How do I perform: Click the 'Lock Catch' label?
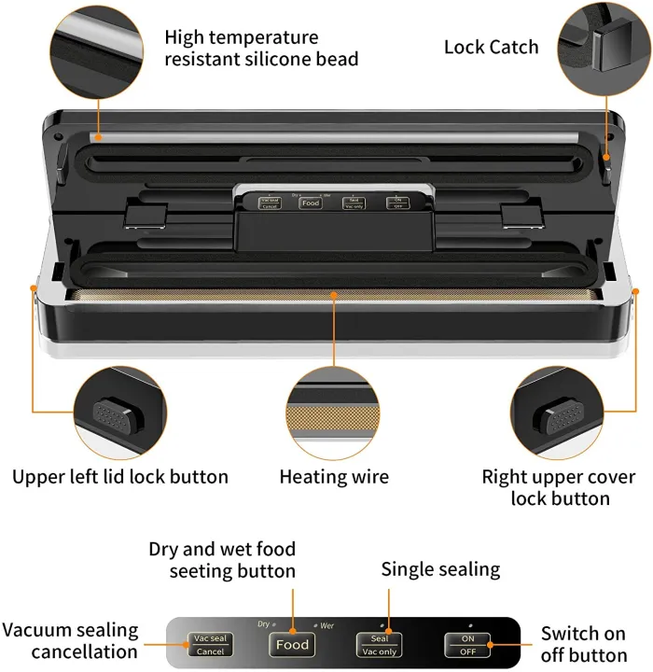[491, 47]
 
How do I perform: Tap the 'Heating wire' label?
[334, 477]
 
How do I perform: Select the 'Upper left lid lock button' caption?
[120, 477]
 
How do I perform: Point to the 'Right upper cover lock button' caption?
[559, 487]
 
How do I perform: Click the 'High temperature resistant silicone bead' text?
[261, 49]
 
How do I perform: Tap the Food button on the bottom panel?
[292, 644]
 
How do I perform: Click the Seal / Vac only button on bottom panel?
[378, 644]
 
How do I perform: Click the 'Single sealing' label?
[440, 569]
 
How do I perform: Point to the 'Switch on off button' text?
[583, 644]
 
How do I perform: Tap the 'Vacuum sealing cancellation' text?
[70, 641]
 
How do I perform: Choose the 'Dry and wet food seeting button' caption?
[222, 559]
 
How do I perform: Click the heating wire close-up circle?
[334, 412]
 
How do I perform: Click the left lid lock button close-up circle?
[119, 412]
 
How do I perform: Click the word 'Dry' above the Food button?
[263, 623]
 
